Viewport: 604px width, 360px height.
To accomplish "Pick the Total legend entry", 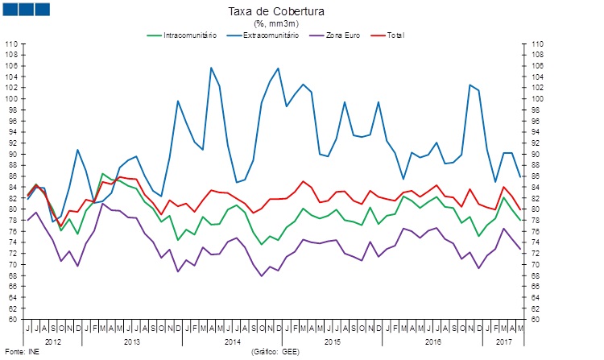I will pyautogui.click(x=395, y=35).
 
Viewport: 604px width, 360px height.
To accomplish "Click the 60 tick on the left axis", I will pyautogui.click(x=13, y=319).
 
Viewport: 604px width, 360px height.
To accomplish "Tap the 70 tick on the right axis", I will pyautogui.click(x=537, y=264).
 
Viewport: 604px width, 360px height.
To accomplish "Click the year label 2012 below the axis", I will pyautogui.click(x=53, y=342).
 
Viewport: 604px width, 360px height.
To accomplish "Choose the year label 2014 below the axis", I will pyautogui.click(x=232, y=342).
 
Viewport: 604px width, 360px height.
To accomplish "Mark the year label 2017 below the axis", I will pyautogui.click(x=504, y=342).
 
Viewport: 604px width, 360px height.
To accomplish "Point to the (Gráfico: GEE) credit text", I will pyautogui.click(x=279, y=353).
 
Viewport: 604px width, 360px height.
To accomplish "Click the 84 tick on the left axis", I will pyautogui.click(x=13, y=187).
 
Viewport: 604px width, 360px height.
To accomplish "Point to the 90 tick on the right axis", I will pyautogui.click(x=537, y=154).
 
